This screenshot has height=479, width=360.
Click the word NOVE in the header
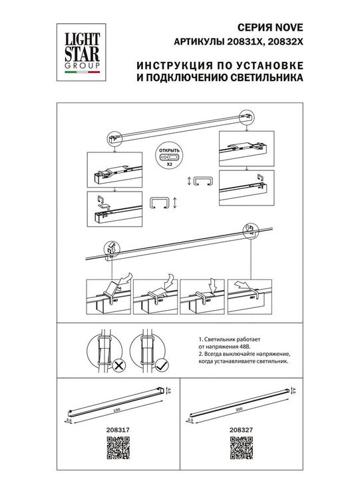291,29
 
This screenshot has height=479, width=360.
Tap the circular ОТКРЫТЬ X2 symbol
168,155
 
